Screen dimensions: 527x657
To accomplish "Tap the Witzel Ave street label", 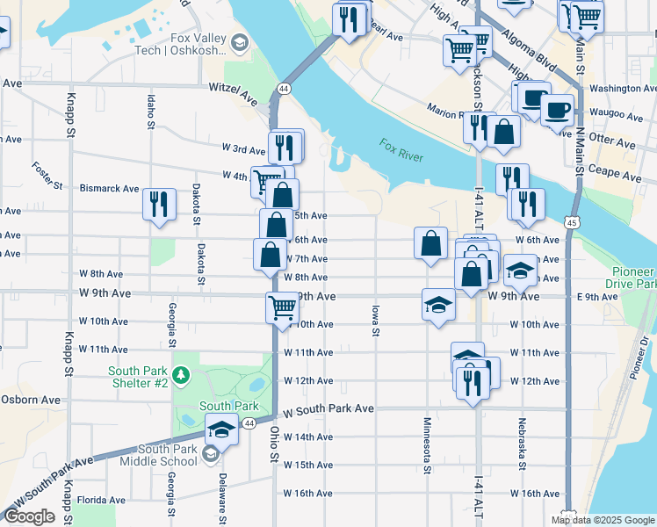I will [x=233, y=88].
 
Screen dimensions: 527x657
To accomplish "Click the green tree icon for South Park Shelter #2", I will [x=181, y=376].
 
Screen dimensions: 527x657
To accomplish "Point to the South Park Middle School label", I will [x=155, y=455].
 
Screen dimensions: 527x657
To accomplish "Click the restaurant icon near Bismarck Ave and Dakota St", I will [x=158, y=205].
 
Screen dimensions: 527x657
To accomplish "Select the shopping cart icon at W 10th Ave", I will [x=281, y=307].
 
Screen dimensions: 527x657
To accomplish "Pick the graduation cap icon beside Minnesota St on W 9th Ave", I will [x=438, y=304].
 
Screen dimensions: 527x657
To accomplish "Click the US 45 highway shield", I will [x=572, y=224].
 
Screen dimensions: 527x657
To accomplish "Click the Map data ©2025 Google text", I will [x=603, y=520].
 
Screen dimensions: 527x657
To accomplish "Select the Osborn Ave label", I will [x=31, y=400].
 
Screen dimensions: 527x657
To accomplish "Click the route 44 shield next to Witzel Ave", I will [x=283, y=89].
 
